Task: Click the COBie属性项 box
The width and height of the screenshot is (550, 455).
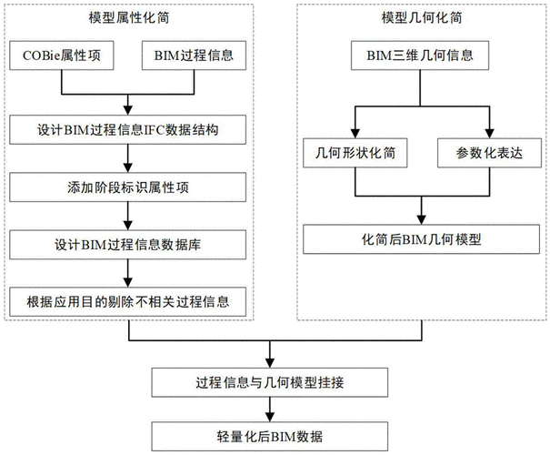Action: click(61, 56)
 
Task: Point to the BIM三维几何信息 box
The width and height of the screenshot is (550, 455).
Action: click(419, 56)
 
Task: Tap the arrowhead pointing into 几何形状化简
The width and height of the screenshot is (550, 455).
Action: click(355, 133)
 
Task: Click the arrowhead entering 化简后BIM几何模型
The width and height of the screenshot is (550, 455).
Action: click(419, 221)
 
